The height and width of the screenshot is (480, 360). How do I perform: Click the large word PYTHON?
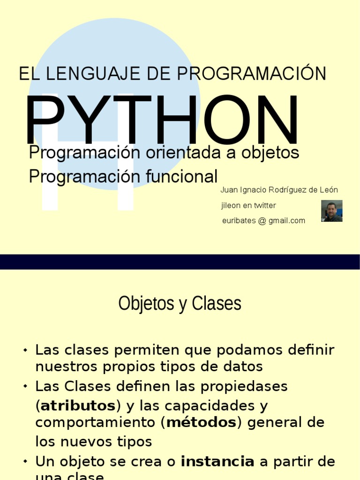[x=162, y=120]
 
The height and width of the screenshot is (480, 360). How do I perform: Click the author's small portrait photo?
[x=332, y=211]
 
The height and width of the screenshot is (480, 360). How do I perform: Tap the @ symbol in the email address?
[x=262, y=221]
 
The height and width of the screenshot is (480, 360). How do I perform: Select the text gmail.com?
[x=287, y=221]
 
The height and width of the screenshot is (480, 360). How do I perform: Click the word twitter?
[x=265, y=205]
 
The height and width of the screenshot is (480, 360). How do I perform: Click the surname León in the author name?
[x=329, y=190]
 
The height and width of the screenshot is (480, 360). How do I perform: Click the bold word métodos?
[x=201, y=423]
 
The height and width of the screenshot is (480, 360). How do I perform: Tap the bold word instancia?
[x=217, y=462]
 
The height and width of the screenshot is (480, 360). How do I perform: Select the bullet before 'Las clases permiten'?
[x=25, y=350]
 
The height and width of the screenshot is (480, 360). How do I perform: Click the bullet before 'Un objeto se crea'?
[x=25, y=462]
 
